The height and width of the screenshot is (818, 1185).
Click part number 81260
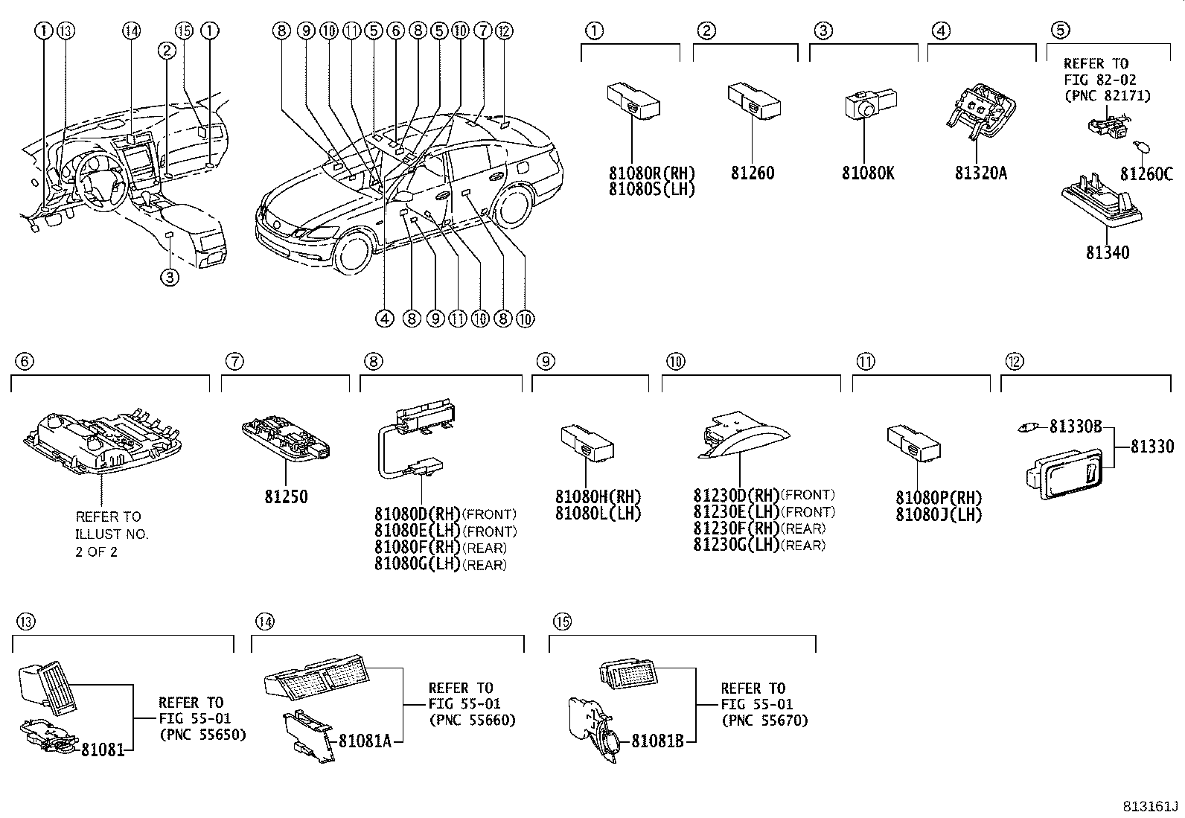point(752,173)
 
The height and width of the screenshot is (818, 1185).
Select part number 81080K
point(868,173)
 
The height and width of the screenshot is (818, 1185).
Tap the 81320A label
point(980,173)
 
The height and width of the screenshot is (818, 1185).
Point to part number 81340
point(1107,253)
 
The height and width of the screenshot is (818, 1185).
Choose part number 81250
point(286,496)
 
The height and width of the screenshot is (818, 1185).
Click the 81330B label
point(1076,426)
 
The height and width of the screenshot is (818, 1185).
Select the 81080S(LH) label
point(651,189)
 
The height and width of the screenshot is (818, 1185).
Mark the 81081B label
point(657,741)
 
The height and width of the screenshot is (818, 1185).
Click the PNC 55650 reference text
point(202,735)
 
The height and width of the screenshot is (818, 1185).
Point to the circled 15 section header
point(562,622)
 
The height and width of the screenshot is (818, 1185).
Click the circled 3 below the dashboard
point(170,278)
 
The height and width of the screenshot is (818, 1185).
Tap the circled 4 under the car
point(385,319)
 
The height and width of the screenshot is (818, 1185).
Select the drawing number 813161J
point(1150,807)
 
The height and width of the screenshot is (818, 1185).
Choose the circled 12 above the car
point(505,31)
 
